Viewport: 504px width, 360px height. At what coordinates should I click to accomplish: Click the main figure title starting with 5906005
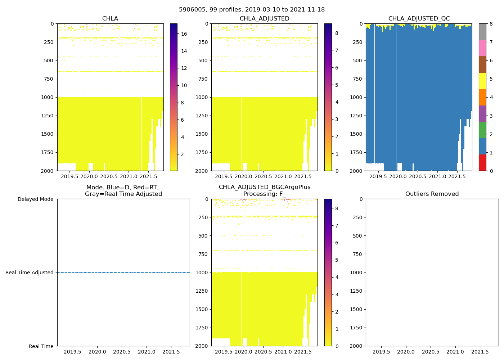click(252, 10)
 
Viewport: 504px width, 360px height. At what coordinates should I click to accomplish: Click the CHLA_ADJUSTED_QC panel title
click(419, 19)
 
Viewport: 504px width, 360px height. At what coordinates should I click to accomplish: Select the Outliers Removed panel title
click(432, 194)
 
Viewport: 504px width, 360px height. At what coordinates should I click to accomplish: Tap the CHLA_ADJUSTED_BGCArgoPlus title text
click(265, 187)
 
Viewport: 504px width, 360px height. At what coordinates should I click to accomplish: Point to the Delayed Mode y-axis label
click(35, 199)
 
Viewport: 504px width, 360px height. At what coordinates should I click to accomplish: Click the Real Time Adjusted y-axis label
click(30, 273)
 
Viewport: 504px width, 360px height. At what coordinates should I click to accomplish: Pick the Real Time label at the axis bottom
click(41, 346)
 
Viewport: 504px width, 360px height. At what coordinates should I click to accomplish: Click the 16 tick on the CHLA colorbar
click(184, 34)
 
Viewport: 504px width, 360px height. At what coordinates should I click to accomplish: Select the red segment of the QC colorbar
click(482, 163)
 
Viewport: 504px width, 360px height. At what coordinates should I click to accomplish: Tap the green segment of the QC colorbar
click(482, 130)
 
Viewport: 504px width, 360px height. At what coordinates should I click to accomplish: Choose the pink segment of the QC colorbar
click(482, 48)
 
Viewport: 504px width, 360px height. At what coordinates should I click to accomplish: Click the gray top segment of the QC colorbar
click(482, 32)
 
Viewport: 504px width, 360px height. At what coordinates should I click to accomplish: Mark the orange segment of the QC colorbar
click(482, 97)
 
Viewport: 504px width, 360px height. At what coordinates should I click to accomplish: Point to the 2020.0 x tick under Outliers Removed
click(406, 352)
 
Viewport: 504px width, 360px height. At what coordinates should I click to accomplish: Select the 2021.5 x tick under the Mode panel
click(171, 352)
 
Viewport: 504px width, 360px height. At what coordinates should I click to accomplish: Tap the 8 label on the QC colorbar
click(491, 24)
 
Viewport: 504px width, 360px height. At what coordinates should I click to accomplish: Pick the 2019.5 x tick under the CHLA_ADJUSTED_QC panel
click(378, 176)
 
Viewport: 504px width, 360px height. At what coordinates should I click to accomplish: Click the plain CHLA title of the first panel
click(110, 19)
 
